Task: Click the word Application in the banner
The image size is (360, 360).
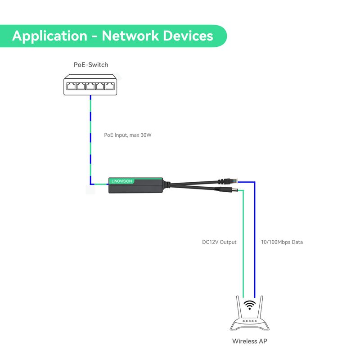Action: pos(50,36)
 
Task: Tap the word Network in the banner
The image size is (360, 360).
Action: pos(130,36)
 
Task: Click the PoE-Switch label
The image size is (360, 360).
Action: pos(91,65)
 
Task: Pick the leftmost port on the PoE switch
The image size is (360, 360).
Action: pos(71,86)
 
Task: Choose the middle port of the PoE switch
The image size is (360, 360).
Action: pos(90,86)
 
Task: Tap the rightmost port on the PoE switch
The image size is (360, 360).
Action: pos(109,86)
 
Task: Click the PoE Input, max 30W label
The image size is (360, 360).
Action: pos(128,135)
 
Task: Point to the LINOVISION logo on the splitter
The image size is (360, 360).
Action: pos(121,181)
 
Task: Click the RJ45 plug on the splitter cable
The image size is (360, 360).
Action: pos(228,181)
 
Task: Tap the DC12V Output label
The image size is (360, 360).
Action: pos(219,242)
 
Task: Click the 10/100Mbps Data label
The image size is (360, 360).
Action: pos(282,242)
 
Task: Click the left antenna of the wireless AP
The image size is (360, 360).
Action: pos(239,307)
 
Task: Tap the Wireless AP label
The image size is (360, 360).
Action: pos(250,341)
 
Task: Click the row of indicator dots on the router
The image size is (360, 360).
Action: pos(250,321)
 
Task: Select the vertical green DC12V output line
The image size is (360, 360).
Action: pos(243,244)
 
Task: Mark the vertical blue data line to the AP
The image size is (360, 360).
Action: pos(255,240)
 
